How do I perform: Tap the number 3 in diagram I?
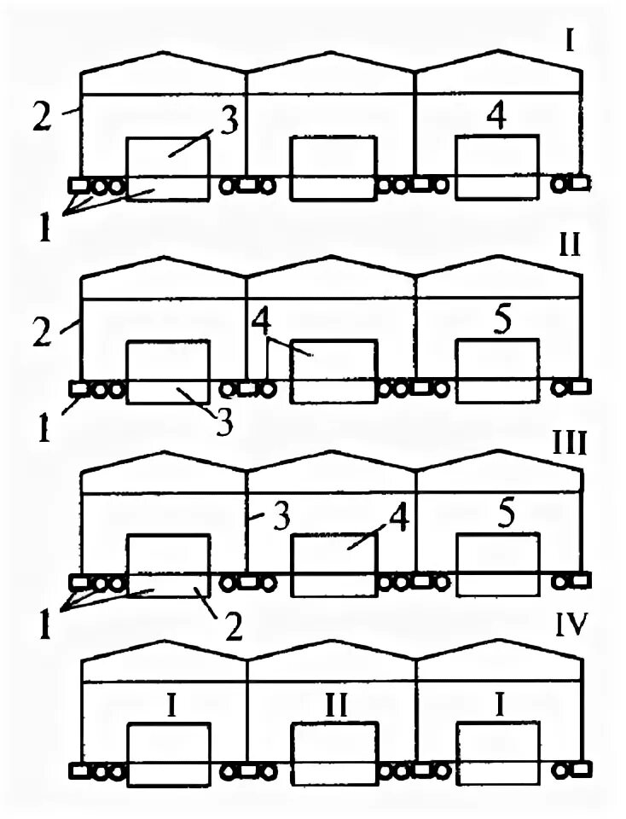pyautogui.click(x=228, y=122)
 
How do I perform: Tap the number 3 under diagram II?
pyautogui.click(x=224, y=422)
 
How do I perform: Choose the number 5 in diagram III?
pyautogui.click(x=506, y=514)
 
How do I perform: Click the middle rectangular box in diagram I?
pyautogui.click(x=333, y=168)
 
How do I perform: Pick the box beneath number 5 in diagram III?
pyautogui.click(x=498, y=565)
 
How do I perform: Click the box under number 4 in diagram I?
pyautogui.click(x=497, y=167)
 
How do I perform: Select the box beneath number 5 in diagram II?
pyautogui.click(x=497, y=370)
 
